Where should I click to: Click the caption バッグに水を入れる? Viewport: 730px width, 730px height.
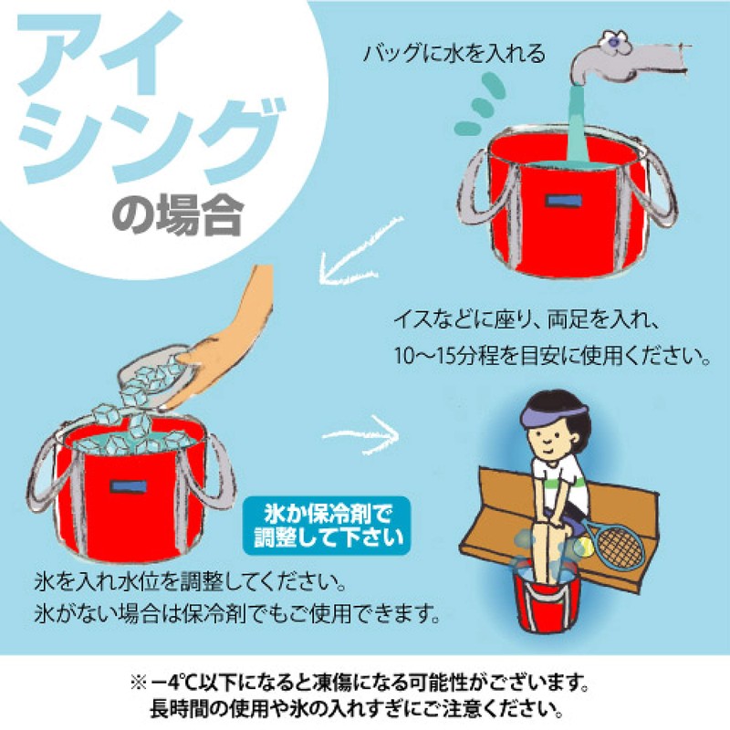(x=454, y=54)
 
